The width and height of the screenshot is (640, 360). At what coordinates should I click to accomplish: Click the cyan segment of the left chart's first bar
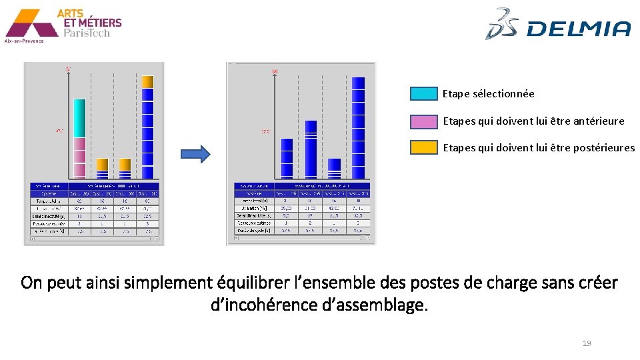pyautogui.click(x=79, y=118)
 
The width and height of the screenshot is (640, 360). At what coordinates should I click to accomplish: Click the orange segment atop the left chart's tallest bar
pyautogui.click(x=147, y=82)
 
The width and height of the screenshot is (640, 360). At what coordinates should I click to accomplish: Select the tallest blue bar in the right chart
pyautogui.click(x=358, y=127)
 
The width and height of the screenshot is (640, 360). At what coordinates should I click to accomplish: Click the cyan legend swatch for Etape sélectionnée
pyautogui.click(x=423, y=94)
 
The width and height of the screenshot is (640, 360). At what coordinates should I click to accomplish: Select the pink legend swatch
pyautogui.click(x=423, y=121)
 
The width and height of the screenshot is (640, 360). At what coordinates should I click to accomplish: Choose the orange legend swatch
pyautogui.click(x=423, y=148)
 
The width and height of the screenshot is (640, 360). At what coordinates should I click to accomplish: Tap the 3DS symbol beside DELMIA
pyautogui.click(x=504, y=24)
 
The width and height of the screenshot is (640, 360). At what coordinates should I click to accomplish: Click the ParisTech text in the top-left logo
pyautogui.click(x=87, y=33)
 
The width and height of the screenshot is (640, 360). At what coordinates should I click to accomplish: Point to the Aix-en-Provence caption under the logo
pyautogui.click(x=24, y=41)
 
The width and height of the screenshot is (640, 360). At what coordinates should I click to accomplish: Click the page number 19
pyautogui.click(x=587, y=343)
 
